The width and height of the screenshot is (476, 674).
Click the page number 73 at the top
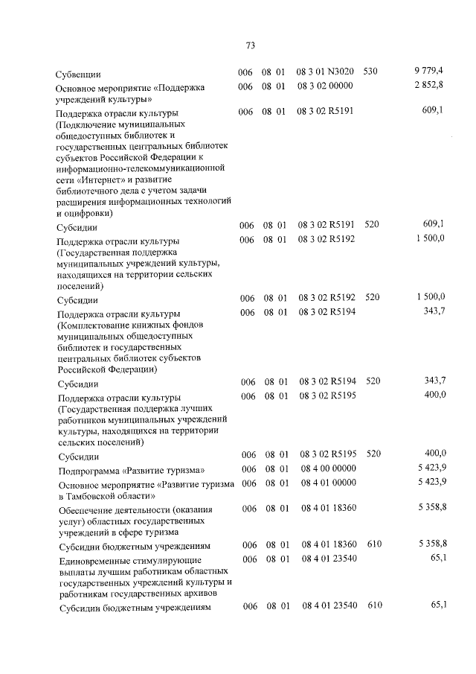(x=250, y=45)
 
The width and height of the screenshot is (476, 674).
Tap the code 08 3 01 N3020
(x=324, y=71)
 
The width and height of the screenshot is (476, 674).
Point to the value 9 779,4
(x=429, y=71)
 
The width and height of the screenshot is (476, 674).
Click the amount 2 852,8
(x=429, y=86)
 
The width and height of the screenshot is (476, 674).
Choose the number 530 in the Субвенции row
(x=371, y=71)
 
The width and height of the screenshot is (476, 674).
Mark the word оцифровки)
(x=80, y=212)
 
